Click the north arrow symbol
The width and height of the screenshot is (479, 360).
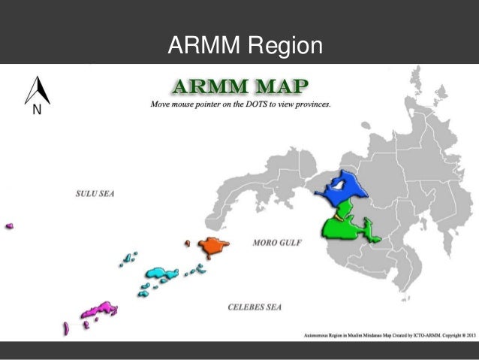(x=37, y=91)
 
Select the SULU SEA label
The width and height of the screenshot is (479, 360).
(x=100, y=193)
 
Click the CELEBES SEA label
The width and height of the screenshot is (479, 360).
(x=255, y=307)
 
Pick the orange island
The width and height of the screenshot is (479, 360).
(x=212, y=245)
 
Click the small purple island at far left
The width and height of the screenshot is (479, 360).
(x=10, y=225)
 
